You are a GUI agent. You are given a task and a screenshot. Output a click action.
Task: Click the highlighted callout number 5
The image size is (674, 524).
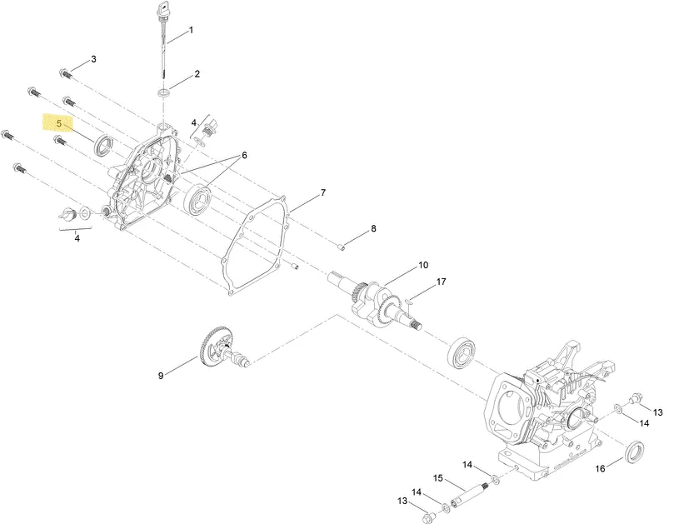(x=59, y=123)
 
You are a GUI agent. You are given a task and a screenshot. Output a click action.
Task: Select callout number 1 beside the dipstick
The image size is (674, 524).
(x=191, y=30)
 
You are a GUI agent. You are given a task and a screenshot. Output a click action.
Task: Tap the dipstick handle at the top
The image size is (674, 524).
(x=165, y=7)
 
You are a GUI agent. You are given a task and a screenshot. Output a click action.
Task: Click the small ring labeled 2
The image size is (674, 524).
(x=163, y=92)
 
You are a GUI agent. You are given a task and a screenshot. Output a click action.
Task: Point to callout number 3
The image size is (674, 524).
(x=93, y=59)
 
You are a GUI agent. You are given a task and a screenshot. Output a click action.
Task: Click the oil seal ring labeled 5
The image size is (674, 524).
(x=104, y=145)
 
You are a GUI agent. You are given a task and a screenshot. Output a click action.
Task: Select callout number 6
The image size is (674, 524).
(x=244, y=155)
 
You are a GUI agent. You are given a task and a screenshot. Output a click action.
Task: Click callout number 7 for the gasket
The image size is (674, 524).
(x=323, y=193)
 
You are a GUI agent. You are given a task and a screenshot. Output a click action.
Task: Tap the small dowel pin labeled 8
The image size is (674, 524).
(x=340, y=247)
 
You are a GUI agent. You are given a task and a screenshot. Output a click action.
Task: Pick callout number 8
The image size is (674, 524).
(x=373, y=228)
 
